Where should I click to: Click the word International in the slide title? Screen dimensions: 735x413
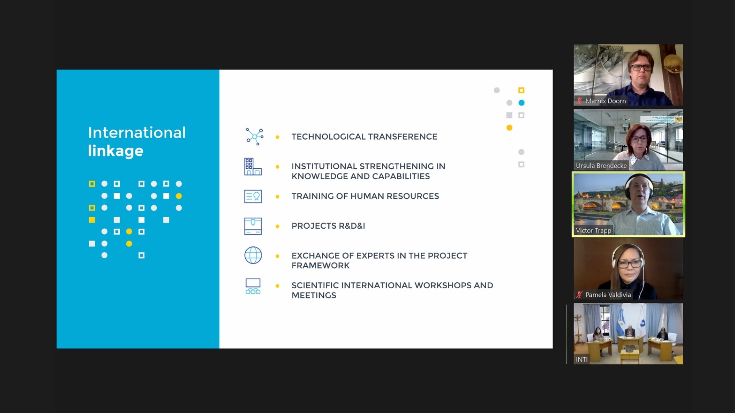137,133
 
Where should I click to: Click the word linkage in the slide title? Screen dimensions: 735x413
116,151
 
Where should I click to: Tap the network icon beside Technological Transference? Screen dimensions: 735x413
255,137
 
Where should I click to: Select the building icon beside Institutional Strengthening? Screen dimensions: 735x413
253,167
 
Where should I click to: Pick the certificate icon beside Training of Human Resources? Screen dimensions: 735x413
253,197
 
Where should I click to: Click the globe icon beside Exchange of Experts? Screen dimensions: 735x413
253,255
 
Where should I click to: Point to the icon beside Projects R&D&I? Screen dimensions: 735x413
253,226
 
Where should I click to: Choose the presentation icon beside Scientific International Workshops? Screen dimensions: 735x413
253,286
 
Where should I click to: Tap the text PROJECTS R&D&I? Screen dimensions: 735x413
328,226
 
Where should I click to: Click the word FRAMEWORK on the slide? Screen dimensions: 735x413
320,266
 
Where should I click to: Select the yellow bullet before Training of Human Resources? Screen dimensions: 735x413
278,197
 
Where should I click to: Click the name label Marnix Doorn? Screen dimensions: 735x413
606,101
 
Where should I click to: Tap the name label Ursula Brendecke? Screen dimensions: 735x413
601,166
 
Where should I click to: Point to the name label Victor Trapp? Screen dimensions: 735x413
593,231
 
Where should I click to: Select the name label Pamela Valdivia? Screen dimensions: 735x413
608,295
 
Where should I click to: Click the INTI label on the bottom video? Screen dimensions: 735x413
581,359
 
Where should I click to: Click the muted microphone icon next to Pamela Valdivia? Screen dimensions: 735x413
580,295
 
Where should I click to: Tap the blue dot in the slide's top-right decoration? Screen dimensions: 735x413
521,103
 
